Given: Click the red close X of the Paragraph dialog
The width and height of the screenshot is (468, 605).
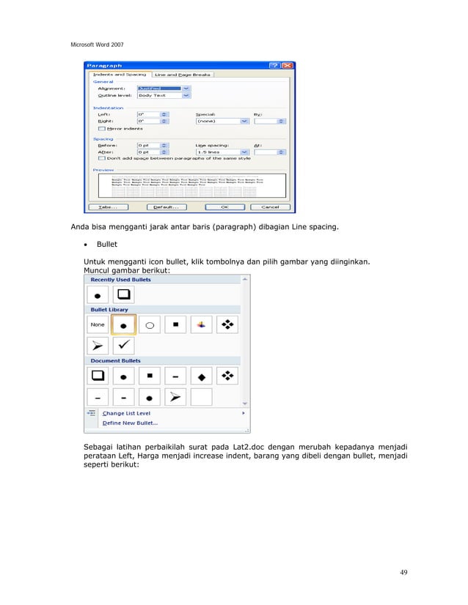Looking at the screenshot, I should pyautogui.click(x=288, y=65).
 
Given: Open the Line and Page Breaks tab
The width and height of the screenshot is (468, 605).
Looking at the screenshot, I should pyautogui.click(x=183, y=74).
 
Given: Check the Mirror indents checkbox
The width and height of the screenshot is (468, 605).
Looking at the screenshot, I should pyautogui.click(x=101, y=128).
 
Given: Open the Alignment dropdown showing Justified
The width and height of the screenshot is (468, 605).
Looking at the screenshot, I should pyautogui.click(x=186, y=88).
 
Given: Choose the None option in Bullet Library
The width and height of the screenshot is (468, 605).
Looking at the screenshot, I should pyautogui.click(x=98, y=324).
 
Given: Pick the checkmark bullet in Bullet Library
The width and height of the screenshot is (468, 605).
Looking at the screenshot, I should pyautogui.click(x=123, y=344).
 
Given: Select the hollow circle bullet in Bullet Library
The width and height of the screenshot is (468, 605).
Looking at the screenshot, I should pyautogui.click(x=149, y=324).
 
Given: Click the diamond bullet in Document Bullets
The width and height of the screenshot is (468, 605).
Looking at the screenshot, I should pyautogui.click(x=201, y=376).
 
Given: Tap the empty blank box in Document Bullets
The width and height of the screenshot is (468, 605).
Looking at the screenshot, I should pyautogui.click(x=201, y=396).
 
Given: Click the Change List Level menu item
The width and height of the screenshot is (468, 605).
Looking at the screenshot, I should pyautogui.click(x=128, y=413).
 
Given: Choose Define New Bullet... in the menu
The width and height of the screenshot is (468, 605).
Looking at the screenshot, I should pyautogui.click(x=130, y=423).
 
